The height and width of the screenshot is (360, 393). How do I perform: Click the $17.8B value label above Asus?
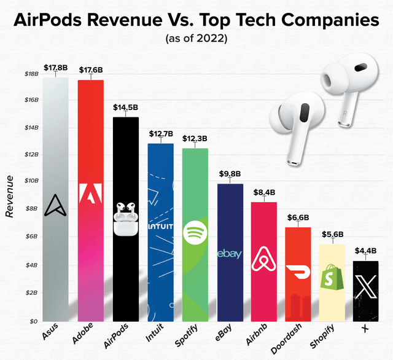pyautogui.click(x=56, y=67)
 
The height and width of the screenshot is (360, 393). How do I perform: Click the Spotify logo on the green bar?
pyautogui.click(x=195, y=234)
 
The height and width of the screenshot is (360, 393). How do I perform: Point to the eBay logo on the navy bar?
pyautogui.click(x=230, y=254)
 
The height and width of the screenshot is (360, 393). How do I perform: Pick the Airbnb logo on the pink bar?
pyautogui.click(x=265, y=260)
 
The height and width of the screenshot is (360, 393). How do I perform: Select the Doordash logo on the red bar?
pyautogui.click(x=299, y=272)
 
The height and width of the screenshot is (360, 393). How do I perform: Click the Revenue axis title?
pyautogui.click(x=10, y=196)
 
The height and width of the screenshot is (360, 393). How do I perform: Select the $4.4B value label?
pyautogui.click(x=367, y=251)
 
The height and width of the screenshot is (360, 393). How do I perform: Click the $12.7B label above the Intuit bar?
pyautogui.click(x=161, y=133)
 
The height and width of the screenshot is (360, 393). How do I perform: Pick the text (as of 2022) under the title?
pyautogui.click(x=196, y=39)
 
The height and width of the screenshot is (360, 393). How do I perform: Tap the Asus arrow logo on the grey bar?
pyautogui.click(x=56, y=205)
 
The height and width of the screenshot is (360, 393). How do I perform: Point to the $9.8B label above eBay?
pyautogui.click(x=231, y=173)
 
